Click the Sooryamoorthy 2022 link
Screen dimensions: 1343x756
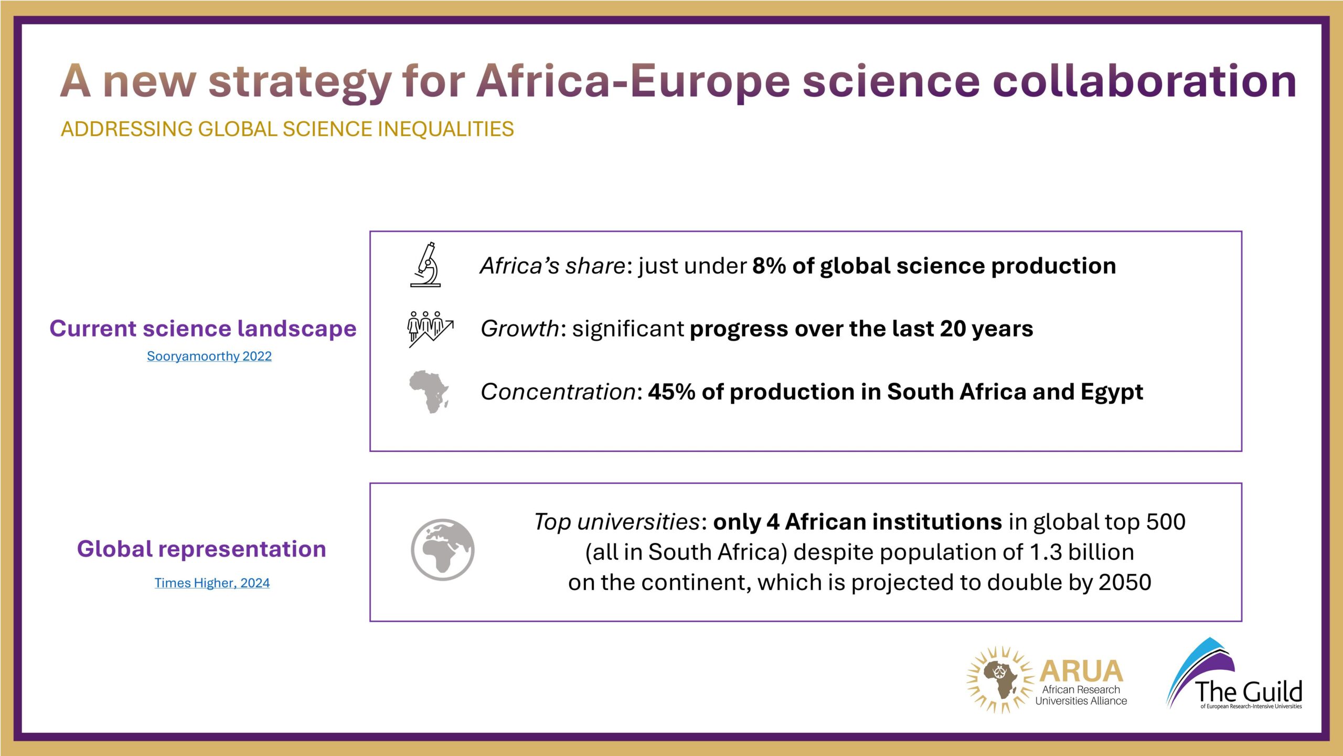(209, 356)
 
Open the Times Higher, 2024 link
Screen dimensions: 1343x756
(212, 583)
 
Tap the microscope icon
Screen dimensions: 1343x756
(425, 265)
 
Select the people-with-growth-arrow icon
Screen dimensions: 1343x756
(430, 329)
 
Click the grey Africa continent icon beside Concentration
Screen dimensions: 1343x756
(429, 392)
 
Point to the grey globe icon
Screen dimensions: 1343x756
(443, 550)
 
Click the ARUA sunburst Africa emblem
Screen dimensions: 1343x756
(999, 679)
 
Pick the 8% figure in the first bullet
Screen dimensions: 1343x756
(769, 266)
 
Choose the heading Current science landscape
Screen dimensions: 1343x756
(203, 329)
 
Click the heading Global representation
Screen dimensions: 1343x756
(201, 550)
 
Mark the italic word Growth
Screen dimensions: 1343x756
(520, 329)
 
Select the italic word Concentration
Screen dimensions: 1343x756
(558, 392)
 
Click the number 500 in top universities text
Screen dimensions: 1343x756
(1166, 522)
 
